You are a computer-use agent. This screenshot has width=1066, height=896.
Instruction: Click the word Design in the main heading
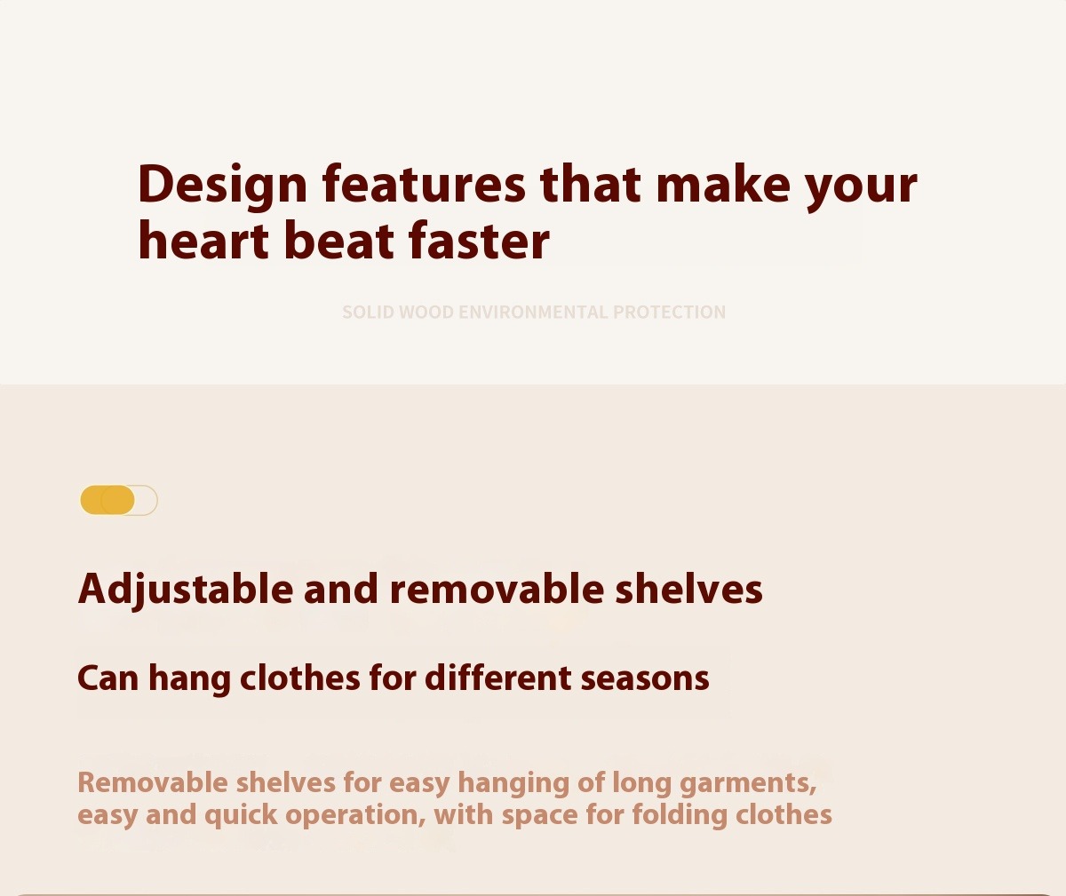223,186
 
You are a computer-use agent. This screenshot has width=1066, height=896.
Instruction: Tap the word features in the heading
424,184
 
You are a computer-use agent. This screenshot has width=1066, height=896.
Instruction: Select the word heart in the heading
203,241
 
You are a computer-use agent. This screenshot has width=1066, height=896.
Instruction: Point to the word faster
479,241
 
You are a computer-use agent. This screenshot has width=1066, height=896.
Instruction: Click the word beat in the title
338,241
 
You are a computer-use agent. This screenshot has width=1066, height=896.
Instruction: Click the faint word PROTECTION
669,313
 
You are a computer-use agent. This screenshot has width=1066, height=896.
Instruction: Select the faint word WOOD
426,313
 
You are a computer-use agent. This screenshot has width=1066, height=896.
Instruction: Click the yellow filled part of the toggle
107,500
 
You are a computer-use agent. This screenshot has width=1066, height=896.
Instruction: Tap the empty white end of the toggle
147,500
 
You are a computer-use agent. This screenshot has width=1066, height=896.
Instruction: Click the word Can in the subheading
107,679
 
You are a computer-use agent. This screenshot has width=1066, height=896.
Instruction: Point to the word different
497,678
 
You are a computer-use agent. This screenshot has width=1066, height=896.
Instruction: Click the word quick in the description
241,815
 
